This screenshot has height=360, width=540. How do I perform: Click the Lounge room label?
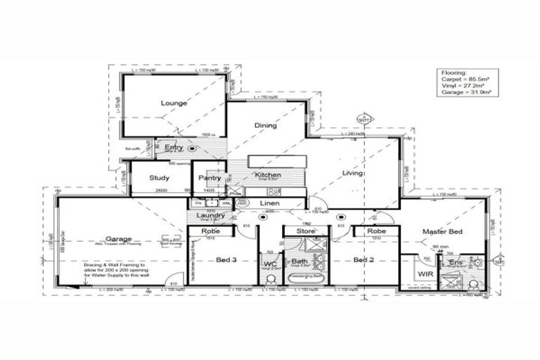174,103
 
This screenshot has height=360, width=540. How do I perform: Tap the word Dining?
265,126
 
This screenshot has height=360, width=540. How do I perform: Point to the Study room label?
159,178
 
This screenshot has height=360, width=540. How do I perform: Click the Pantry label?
210,178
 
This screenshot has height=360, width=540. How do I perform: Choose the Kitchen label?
268,175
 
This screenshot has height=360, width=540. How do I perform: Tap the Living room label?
352,173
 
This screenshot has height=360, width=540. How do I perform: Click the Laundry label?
210,215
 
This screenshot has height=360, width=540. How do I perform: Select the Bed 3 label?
226,259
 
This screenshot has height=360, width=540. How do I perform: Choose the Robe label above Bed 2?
375,231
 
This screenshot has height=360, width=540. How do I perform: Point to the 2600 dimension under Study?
161,190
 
